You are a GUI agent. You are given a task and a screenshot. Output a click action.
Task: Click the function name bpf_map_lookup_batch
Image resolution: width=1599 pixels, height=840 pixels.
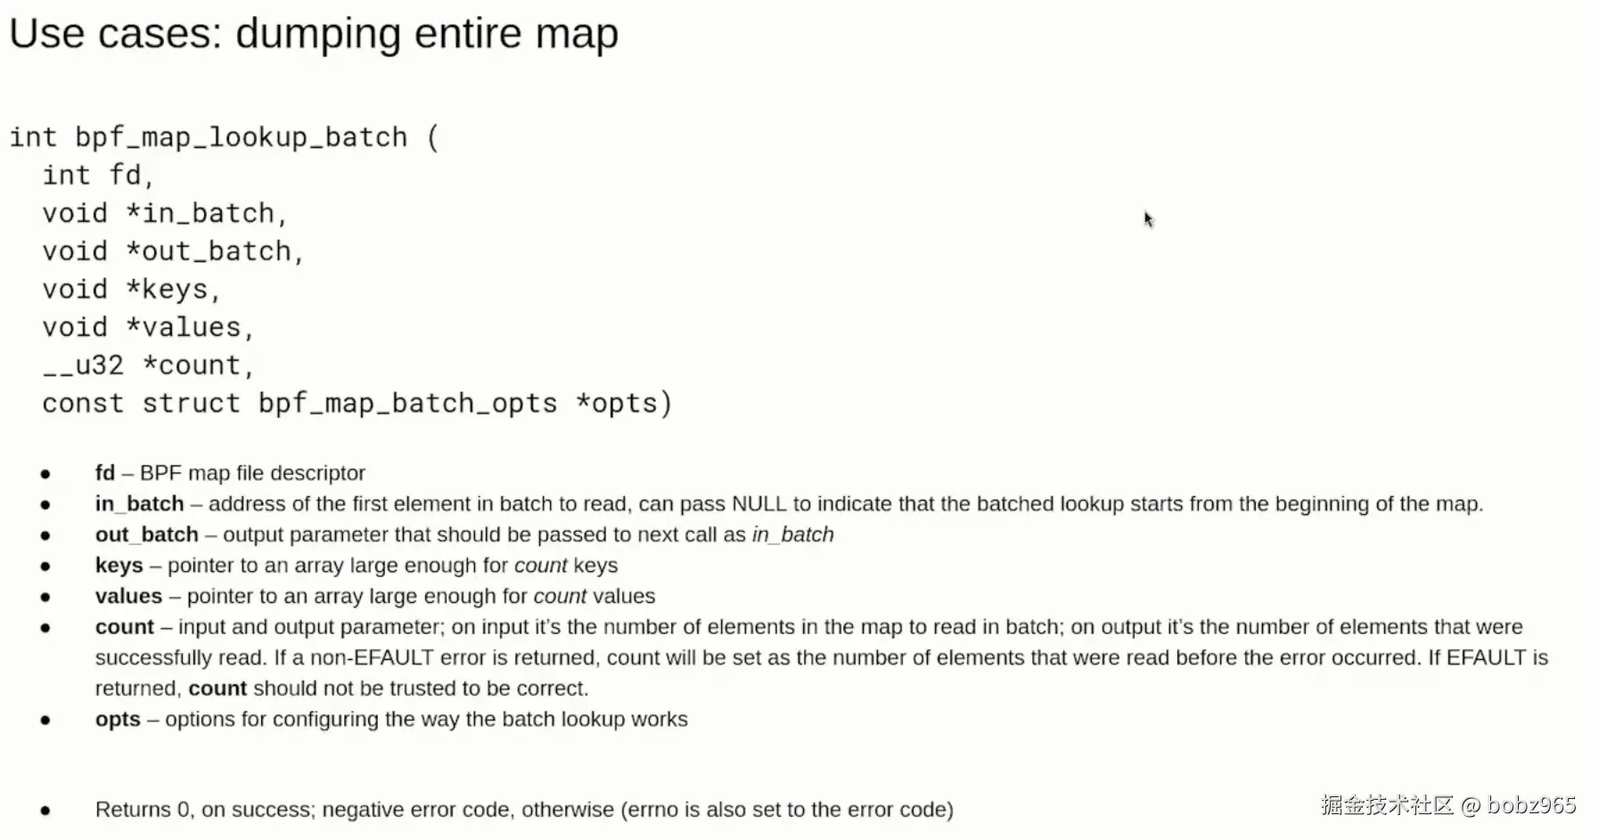point(241,138)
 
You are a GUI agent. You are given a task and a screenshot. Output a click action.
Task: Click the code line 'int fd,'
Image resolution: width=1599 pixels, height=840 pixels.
point(98,175)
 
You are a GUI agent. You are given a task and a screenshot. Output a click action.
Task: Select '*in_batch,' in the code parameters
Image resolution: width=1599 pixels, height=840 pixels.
point(207,214)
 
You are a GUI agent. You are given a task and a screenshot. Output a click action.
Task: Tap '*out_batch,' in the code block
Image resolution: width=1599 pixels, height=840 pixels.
point(215,252)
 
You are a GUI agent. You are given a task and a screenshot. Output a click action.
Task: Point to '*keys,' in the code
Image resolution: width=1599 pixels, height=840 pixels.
point(173,290)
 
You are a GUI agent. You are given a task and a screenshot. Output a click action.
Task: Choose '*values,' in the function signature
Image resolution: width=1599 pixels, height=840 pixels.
point(190,328)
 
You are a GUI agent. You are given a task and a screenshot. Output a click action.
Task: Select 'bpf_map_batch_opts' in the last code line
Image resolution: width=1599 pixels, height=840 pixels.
point(407,404)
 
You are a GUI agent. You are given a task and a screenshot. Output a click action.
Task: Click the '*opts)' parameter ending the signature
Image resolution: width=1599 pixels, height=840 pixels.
point(624,404)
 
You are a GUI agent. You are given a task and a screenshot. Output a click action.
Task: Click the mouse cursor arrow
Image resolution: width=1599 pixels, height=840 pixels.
point(1149,219)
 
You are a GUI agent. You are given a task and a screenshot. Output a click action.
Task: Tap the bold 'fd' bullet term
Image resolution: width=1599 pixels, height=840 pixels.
point(105,473)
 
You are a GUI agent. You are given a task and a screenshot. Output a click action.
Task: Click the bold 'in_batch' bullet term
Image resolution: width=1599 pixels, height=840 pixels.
point(140,504)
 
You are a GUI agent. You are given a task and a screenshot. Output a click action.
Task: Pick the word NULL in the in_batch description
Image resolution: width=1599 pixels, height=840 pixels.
point(759,504)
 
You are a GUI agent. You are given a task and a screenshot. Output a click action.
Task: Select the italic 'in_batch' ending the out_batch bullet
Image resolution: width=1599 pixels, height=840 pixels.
point(793,535)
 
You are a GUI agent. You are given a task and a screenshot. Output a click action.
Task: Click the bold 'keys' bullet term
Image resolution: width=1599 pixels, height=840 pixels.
point(119,566)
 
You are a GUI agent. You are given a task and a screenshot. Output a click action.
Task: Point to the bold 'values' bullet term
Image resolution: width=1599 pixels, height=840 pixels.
point(129,596)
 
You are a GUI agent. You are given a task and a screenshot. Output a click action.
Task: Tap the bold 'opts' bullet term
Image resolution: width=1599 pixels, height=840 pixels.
point(119,720)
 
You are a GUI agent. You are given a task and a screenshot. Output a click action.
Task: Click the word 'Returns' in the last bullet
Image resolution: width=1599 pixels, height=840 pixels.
point(133,810)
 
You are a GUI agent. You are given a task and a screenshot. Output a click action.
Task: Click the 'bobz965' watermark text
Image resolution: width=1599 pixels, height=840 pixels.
point(1531,805)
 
